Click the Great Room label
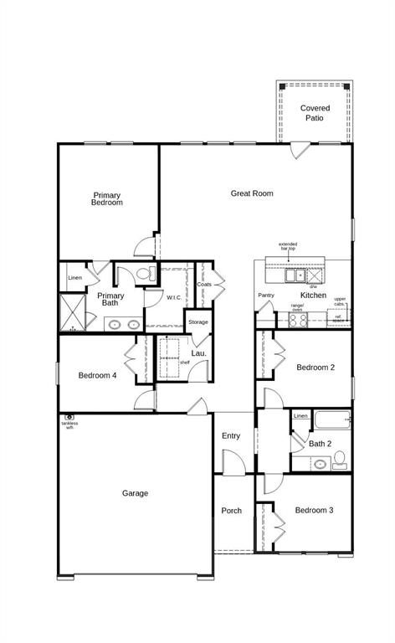252,193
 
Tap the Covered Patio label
315,113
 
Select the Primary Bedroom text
107,198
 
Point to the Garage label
135,493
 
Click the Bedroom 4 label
98,375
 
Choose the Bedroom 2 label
315,368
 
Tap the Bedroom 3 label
314,510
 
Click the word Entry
231,435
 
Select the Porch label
231,511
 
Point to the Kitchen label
313,296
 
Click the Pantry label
266,295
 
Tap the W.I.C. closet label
174,297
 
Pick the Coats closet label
204,285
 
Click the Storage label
198,321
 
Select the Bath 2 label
321,444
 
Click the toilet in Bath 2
339,458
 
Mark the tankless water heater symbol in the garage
69,417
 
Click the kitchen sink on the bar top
295,274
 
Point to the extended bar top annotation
288,246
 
